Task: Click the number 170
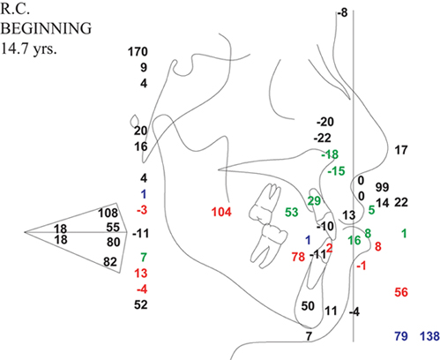tap(138, 52)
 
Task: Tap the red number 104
tap(221, 212)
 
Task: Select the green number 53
tap(292, 212)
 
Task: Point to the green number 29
tap(314, 201)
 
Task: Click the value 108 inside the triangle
tap(108, 213)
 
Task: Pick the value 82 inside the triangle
tap(110, 261)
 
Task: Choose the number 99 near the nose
tap(382, 187)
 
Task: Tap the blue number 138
tap(429, 336)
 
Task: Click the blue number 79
tap(401, 336)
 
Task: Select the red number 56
tap(401, 292)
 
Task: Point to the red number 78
tap(298, 257)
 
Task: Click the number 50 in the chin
tap(308, 306)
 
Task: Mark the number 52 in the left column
tap(141, 304)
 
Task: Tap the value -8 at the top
tap(342, 12)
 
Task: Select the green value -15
tap(336, 171)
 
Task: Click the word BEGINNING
tap(46, 28)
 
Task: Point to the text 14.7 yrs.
tap(28, 48)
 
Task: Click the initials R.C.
tap(15, 10)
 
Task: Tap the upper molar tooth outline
tap(265, 203)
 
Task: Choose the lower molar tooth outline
tap(269, 246)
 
